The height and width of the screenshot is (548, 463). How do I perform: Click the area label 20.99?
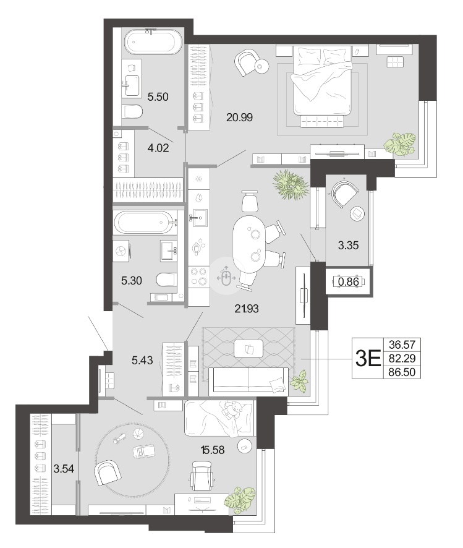[x=239, y=118]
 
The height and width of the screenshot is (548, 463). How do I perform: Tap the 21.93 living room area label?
[x=247, y=309]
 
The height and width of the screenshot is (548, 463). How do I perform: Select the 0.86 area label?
[x=349, y=281]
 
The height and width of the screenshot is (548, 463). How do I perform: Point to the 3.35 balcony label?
[x=348, y=246]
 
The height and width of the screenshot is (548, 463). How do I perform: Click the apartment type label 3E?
[x=367, y=358]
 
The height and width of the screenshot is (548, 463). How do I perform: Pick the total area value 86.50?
[x=402, y=372]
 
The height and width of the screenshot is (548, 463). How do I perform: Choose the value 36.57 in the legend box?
[x=402, y=345]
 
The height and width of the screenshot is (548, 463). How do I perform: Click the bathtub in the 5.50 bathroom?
[x=153, y=41]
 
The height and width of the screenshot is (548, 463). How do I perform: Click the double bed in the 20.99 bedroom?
[x=321, y=85]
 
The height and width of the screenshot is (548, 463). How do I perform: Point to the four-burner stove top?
[x=198, y=276]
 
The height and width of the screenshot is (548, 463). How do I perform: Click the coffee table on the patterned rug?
[x=248, y=349]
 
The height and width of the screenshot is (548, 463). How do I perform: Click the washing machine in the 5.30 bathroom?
[x=122, y=250]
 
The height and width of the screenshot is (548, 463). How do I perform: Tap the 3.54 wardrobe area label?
[x=64, y=468]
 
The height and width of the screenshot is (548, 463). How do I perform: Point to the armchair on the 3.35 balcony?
[x=345, y=194]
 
